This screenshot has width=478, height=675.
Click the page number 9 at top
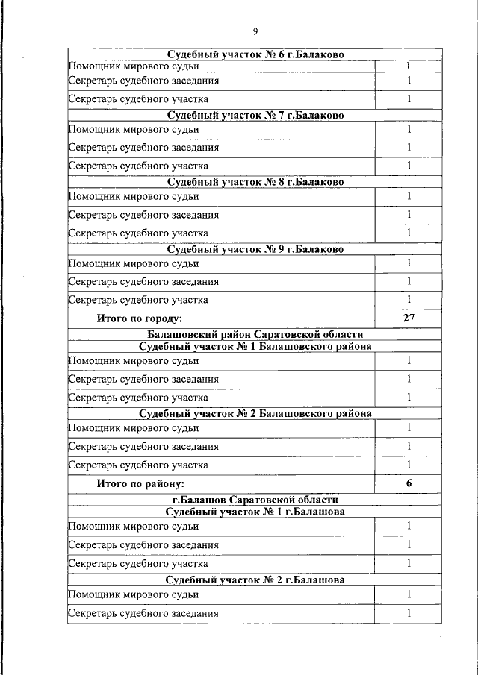click(255, 31)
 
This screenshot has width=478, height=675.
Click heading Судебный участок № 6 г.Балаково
click(255, 54)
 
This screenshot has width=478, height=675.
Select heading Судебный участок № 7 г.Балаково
click(255, 115)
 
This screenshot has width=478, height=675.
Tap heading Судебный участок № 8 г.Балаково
click(255, 182)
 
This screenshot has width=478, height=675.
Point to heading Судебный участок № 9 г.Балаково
click(255, 249)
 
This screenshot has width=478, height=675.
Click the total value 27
click(409, 318)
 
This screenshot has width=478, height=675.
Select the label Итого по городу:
click(140, 318)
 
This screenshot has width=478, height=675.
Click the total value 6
click(409, 483)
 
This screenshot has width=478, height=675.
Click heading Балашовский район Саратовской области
click(255, 335)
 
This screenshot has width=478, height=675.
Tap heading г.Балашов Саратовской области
click(255, 500)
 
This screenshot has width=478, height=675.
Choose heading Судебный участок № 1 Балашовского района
click(255, 346)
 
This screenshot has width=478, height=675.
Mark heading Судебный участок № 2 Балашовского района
click(255, 413)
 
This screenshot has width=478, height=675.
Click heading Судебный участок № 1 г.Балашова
click(255, 512)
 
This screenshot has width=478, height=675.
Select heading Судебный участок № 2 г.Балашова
click(255, 579)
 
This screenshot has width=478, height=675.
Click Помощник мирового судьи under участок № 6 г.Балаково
click(134, 66)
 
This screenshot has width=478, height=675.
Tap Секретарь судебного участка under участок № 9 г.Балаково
click(138, 300)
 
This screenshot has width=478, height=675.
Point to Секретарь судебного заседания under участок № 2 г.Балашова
click(143, 613)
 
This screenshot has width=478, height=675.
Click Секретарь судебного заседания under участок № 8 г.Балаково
click(143, 215)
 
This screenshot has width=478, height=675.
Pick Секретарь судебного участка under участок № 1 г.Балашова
click(138, 564)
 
